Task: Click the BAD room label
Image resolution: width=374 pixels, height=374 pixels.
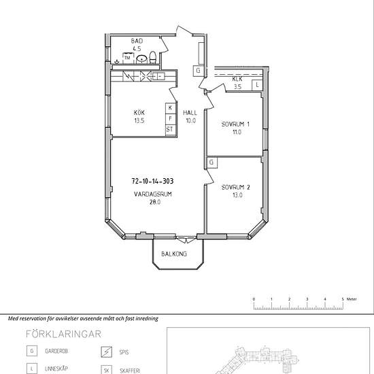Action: coord(137,41)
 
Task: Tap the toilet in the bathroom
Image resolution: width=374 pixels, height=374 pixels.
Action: coord(152,58)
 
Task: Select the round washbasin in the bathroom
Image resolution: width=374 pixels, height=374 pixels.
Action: coord(141,58)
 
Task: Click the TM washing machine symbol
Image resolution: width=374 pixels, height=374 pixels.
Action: coord(127,58)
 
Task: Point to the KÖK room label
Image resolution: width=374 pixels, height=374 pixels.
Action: coord(139,112)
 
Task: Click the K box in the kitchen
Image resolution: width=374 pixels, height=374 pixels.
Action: coord(170,108)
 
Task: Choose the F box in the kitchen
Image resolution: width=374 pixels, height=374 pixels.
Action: coord(170,118)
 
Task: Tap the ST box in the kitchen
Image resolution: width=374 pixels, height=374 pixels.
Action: coord(170,129)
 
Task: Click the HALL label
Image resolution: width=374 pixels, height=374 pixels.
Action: coord(190,113)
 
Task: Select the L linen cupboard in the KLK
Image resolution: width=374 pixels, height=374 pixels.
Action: coord(257,85)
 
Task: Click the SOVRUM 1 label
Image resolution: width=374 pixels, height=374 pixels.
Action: coord(235,124)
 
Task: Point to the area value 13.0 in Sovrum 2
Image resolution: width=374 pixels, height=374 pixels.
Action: coord(237,195)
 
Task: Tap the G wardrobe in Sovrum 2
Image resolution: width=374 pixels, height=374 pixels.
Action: coord(211,163)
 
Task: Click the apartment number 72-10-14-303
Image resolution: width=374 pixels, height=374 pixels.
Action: coord(152,182)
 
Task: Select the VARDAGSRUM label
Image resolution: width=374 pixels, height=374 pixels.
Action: coord(153,194)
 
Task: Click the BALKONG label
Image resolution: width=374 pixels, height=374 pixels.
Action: coord(174,254)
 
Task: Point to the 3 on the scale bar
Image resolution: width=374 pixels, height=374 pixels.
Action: coord(307,299)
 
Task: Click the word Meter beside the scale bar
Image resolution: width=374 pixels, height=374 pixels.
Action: coord(352,299)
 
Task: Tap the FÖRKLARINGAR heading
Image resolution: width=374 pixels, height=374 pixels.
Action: coord(63,334)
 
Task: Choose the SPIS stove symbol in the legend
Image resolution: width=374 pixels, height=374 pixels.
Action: coord(106,352)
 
